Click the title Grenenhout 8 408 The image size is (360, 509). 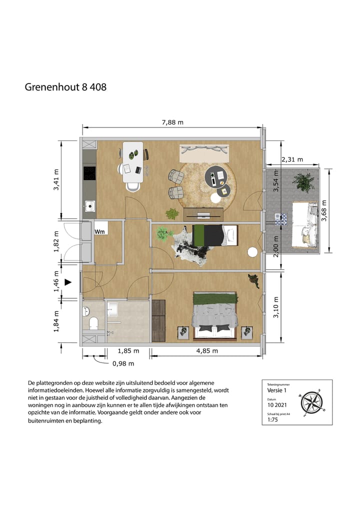point(65,87)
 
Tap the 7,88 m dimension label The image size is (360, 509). point(171,121)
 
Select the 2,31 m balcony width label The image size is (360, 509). point(292,159)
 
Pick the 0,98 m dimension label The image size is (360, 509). point(122,363)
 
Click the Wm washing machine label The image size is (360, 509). point(99,231)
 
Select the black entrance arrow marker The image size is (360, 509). point(69,282)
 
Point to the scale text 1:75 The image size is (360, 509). point(273,420)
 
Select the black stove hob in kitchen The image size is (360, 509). point(90,173)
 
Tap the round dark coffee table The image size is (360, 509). point(219,176)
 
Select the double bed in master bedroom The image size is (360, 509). point(215,315)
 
